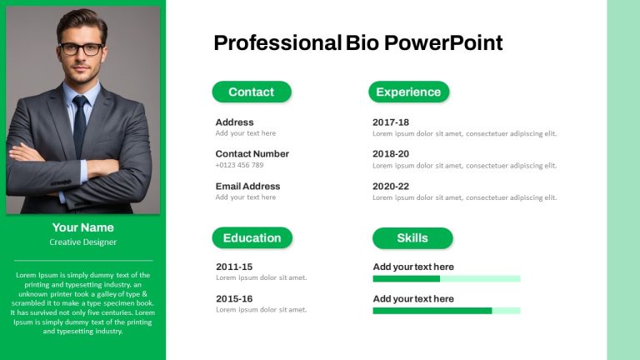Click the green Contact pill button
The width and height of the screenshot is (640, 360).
pos(252,92)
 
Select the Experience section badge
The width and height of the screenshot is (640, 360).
pos(408,92)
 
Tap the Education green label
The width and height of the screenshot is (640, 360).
pos(252,238)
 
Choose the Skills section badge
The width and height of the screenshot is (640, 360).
pos(412,238)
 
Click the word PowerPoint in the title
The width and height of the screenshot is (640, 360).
pos(443,42)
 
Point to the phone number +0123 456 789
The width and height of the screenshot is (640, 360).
pos(240,165)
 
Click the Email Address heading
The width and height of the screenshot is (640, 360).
pos(247,186)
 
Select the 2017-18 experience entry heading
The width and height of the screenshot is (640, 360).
pos(391,122)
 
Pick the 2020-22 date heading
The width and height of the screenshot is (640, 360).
pos(391,187)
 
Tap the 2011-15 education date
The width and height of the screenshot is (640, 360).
pos(234,267)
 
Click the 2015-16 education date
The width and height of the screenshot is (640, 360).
pos(234,299)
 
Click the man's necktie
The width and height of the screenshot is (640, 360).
pos(80,124)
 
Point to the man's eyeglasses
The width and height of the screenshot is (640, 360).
pos(82,49)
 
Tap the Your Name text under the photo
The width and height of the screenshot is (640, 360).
pos(82,227)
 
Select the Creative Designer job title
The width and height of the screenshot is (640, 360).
pos(82,242)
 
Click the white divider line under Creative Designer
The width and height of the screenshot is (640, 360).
pos(83,260)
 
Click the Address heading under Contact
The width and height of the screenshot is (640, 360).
pos(234,122)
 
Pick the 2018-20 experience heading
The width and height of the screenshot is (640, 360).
pos(391,154)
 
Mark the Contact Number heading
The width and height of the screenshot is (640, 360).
pos(252,154)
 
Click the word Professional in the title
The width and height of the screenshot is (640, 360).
pos(277,42)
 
